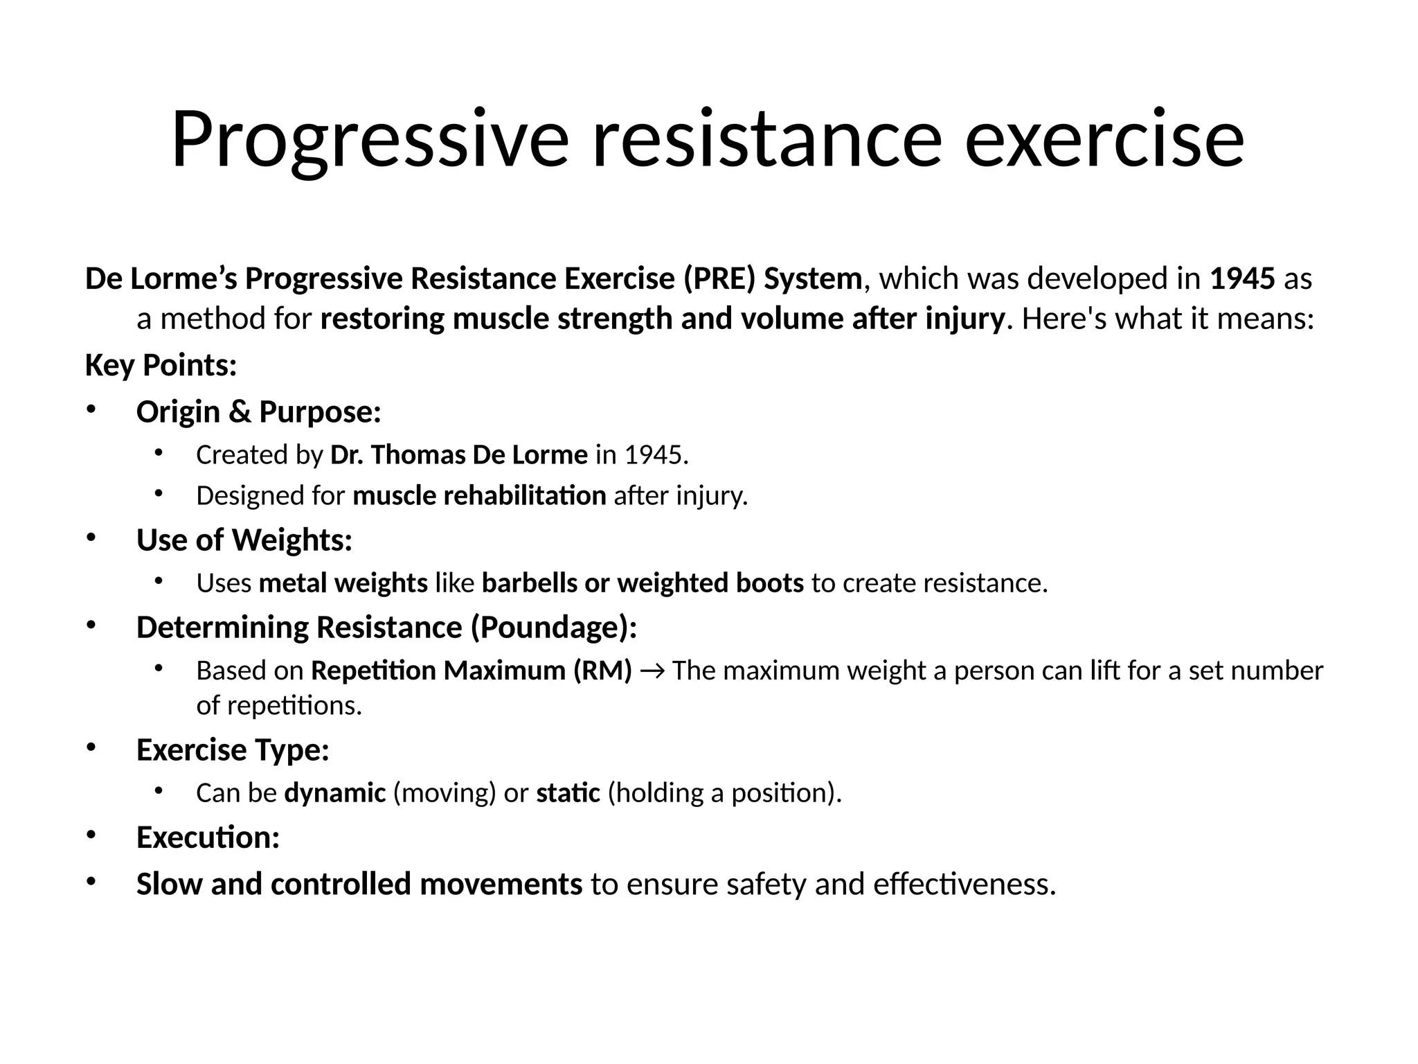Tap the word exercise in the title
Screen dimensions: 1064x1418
(1104, 140)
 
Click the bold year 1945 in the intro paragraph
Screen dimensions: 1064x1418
(1242, 279)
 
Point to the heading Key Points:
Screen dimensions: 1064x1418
(161, 365)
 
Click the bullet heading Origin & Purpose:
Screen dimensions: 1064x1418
(259, 412)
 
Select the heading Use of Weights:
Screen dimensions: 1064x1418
(244, 540)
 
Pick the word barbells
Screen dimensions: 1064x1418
(529, 583)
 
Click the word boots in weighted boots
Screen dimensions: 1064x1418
(769, 583)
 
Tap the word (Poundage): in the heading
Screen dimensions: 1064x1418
(554, 628)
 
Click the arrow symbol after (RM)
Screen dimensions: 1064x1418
(652, 671)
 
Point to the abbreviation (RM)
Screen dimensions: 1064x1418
(602, 671)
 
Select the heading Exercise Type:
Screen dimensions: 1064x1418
(233, 750)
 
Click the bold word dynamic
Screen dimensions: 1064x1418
(335, 793)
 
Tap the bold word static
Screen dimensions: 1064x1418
(568, 793)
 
